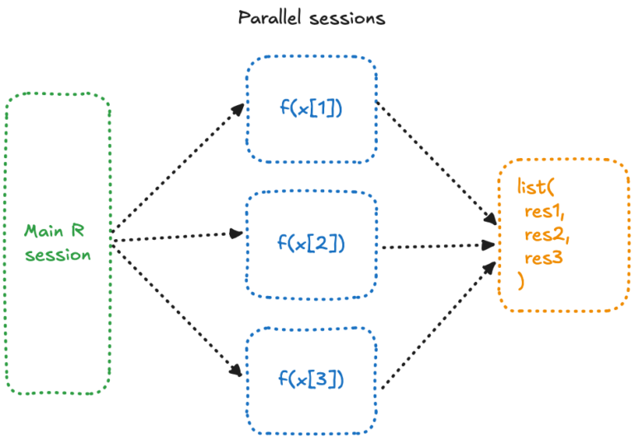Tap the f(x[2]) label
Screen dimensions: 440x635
[x=311, y=243]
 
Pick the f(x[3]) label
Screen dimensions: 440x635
[x=311, y=380]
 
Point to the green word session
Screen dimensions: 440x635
[x=57, y=255]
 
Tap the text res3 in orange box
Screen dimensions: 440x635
[x=542, y=259]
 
